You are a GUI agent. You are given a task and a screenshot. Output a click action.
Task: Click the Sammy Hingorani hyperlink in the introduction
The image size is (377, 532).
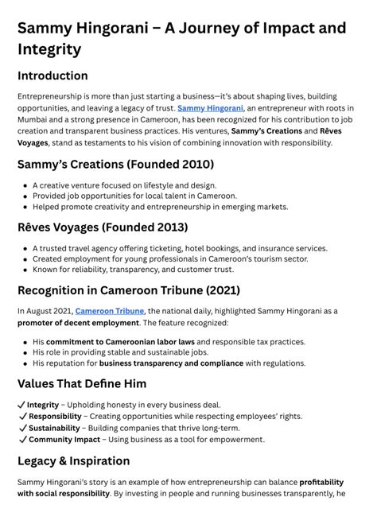(x=210, y=107)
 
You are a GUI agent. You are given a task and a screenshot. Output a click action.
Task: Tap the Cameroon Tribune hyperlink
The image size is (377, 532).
(x=110, y=310)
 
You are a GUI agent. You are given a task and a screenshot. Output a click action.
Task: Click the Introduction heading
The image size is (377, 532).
(x=52, y=76)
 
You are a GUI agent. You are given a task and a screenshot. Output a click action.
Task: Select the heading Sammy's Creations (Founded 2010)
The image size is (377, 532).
(x=115, y=165)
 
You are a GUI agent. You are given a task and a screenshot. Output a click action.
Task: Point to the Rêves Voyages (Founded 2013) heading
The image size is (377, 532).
(x=103, y=227)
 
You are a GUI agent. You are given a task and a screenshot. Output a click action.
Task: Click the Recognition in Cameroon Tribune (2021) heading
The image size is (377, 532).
(x=128, y=290)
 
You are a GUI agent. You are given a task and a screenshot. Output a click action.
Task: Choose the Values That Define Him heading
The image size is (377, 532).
(x=82, y=384)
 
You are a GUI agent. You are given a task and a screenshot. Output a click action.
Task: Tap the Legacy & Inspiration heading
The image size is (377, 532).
(x=74, y=461)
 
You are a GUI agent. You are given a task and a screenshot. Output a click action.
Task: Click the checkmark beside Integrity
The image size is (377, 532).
(x=21, y=405)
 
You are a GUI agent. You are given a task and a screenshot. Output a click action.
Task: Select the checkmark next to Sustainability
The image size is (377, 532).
(x=21, y=428)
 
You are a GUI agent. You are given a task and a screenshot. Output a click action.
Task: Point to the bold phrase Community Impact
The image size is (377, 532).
(x=63, y=439)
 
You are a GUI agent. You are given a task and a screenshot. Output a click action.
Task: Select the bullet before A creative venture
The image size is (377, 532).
(x=25, y=185)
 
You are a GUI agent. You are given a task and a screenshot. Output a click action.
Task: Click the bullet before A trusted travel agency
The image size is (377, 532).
(x=25, y=248)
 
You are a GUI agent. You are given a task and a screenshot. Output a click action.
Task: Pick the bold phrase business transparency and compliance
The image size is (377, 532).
(x=171, y=363)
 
